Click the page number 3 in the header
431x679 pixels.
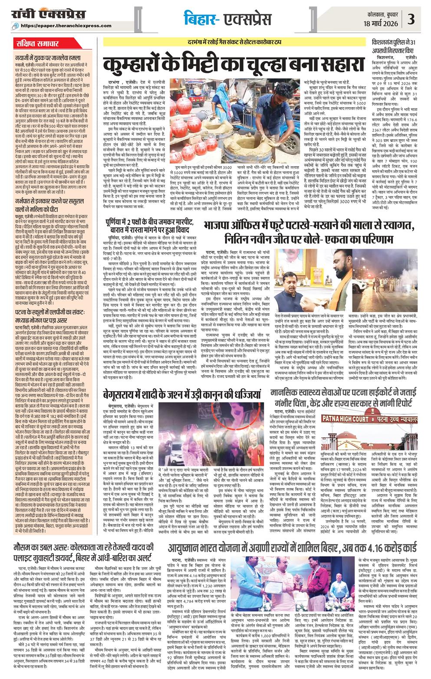point(411,20)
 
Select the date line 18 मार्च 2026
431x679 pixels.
point(382,23)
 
